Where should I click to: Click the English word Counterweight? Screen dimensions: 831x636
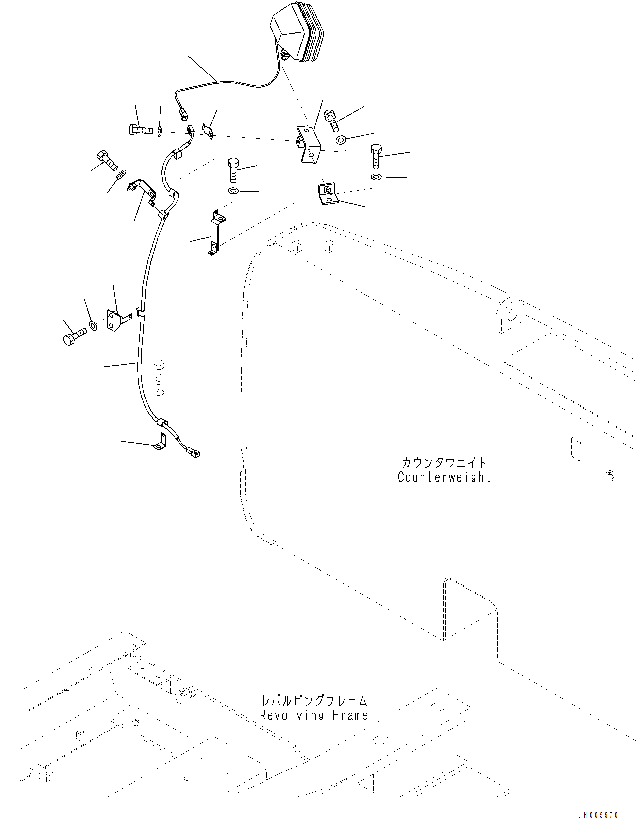[x=444, y=477]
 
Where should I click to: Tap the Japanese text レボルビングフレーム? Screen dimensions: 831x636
[x=314, y=701]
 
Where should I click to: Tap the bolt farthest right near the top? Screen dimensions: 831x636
[x=377, y=155]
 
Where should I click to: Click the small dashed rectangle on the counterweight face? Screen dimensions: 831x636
[x=576, y=449]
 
